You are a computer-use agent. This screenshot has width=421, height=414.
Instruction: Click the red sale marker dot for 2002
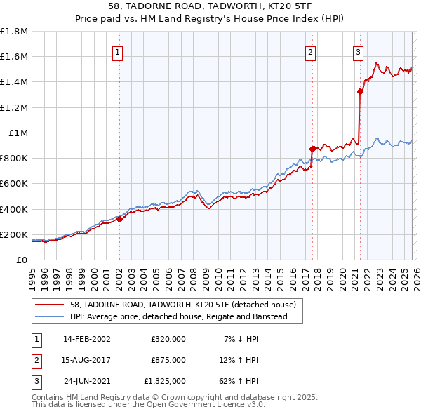(119, 219)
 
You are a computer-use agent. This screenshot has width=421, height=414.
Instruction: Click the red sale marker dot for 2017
(312, 148)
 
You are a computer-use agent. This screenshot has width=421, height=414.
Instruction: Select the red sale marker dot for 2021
(360, 91)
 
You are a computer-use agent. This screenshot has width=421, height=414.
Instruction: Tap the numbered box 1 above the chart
(117, 51)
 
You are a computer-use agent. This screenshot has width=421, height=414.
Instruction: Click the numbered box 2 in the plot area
(310, 51)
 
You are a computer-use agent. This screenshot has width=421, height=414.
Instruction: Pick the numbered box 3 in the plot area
(358, 51)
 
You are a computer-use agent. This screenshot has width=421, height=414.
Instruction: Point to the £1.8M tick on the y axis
(14, 32)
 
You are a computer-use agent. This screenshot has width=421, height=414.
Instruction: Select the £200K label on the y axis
(14, 234)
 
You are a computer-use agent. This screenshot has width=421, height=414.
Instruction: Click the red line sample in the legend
(50, 305)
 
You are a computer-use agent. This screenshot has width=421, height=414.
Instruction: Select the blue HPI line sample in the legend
(50, 316)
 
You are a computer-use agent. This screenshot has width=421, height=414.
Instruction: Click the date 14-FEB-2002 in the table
(86, 339)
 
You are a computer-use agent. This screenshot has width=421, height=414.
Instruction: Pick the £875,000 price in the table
(168, 360)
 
